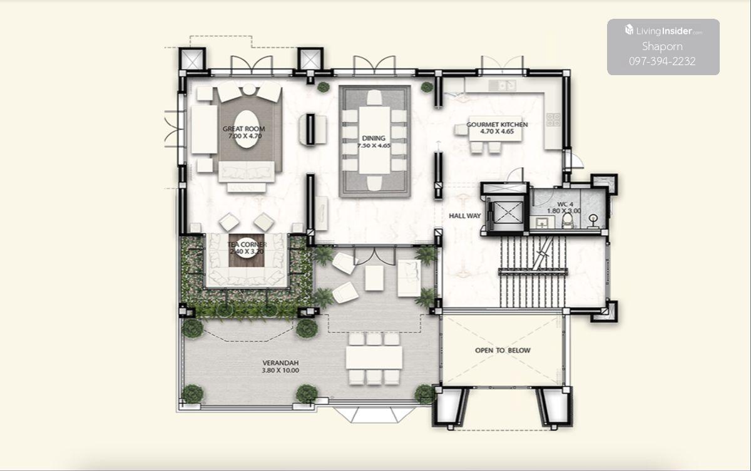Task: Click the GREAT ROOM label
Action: tap(243, 129)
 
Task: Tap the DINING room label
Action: tap(374, 138)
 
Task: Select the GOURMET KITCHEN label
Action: tap(497, 125)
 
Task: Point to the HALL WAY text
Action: tap(464, 216)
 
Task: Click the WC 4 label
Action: tap(565, 204)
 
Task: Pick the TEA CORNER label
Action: tap(247, 244)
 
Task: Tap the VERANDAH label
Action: tap(280, 363)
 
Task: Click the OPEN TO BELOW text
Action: tap(503, 351)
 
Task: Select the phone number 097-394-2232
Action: tap(662, 61)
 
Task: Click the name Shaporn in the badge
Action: tap(662, 46)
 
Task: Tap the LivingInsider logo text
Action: tap(663, 31)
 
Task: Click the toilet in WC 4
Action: tap(567, 220)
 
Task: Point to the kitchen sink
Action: tap(502, 85)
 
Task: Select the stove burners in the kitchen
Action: tap(553, 120)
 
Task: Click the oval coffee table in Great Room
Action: tap(247, 130)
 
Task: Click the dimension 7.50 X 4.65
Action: tap(374, 146)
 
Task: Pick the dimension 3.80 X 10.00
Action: tap(280, 371)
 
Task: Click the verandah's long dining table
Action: tap(374, 358)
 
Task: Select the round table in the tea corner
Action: tap(247, 250)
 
